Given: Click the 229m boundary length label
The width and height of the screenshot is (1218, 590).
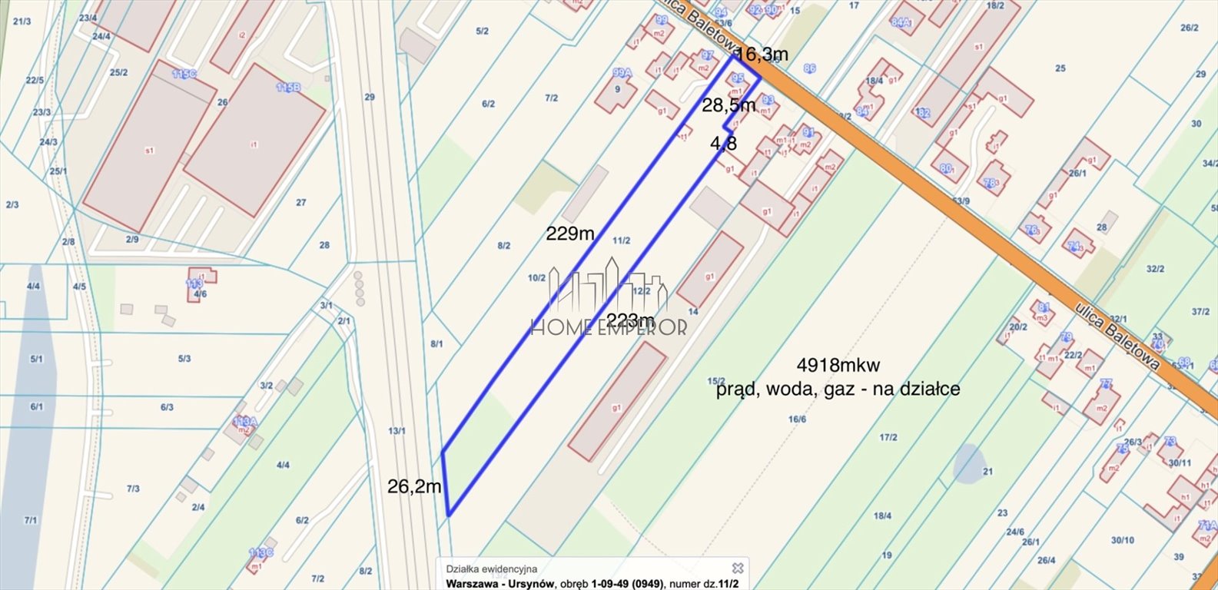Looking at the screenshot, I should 570,234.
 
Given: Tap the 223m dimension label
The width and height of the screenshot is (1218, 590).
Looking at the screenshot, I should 631,320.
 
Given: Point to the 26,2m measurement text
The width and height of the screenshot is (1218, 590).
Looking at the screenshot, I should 414,486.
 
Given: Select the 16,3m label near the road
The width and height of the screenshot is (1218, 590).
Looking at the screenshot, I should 762,55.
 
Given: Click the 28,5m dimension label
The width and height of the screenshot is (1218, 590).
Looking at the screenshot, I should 728,104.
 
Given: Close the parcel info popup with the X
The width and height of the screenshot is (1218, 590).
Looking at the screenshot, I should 738,568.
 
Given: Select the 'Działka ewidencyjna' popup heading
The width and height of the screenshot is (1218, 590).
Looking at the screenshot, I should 496,569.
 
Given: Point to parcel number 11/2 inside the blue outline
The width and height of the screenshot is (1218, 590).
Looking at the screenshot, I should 621,240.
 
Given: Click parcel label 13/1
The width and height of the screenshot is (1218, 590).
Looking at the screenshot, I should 397,431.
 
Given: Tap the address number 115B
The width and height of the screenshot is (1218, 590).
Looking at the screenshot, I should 288,88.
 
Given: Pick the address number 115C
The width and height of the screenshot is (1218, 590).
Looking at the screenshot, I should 184,74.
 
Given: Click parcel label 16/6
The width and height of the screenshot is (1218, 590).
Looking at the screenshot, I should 797,419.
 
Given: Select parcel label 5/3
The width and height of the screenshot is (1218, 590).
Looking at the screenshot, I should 184,358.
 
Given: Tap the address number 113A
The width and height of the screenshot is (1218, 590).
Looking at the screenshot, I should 245,422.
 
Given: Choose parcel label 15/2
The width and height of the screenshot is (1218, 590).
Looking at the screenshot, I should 716,381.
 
